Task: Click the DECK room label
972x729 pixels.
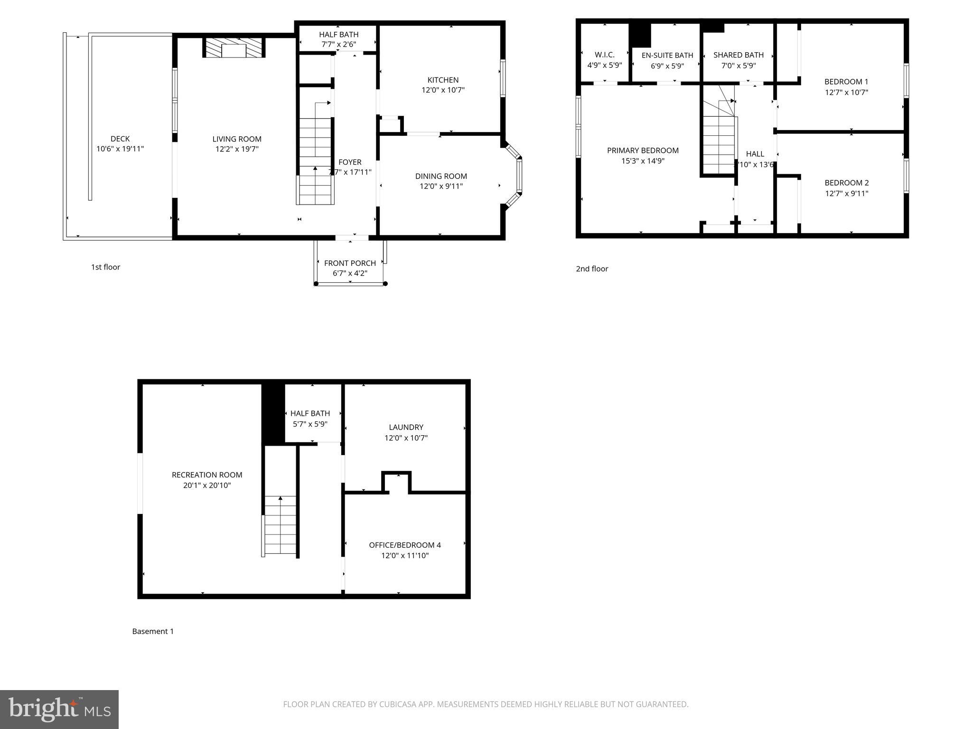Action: coord(120,139)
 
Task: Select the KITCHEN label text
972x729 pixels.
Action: coord(443,80)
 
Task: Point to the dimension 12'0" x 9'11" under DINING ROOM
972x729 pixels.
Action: coord(441,186)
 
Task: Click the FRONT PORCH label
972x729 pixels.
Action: coord(350,263)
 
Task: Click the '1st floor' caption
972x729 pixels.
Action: coord(105,267)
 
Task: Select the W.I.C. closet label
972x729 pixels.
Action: coord(604,55)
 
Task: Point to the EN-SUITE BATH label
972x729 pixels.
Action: coord(667,55)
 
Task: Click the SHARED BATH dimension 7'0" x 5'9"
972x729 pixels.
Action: coord(738,65)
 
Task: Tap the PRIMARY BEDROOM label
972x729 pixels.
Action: coord(643,150)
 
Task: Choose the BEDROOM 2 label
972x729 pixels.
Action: coord(846,183)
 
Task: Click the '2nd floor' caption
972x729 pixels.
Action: coord(592,269)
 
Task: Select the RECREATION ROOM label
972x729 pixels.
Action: coord(207,475)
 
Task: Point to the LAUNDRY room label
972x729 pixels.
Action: coord(406,427)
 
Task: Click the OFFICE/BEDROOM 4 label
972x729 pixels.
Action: coord(405,545)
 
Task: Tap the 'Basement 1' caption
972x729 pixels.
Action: coord(153,631)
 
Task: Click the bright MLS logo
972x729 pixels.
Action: coord(59,709)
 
